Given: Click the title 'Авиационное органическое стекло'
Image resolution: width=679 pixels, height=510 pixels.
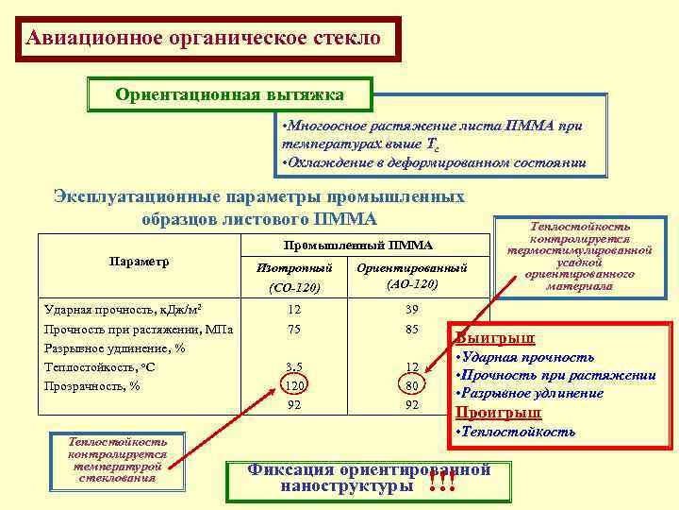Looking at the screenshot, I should click(x=204, y=39).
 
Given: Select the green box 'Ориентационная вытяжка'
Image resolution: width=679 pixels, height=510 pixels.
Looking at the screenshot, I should click(x=229, y=94).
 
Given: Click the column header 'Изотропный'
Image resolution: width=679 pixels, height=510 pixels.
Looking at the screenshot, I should click(x=294, y=268).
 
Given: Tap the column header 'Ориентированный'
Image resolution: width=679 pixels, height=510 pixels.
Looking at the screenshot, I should click(x=412, y=268).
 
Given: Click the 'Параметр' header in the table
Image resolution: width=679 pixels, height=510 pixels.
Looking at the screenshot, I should click(x=138, y=261).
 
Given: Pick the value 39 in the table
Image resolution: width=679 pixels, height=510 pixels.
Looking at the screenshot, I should click(x=412, y=311).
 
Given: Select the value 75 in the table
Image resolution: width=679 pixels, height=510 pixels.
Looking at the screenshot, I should click(x=294, y=330).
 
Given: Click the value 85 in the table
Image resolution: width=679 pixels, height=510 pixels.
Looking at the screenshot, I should click(x=412, y=330).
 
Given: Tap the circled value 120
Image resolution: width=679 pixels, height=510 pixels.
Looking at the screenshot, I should click(x=294, y=385).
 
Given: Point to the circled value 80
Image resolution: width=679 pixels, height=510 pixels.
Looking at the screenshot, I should click(x=412, y=385).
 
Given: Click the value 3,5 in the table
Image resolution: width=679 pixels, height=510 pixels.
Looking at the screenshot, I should click(x=294, y=366).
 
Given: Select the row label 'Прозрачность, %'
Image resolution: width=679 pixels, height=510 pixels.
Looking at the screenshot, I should click(x=92, y=385).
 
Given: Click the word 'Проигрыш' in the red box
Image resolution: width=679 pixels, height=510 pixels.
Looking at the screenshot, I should click(x=499, y=412).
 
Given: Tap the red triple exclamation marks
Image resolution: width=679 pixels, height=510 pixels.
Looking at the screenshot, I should click(x=440, y=483).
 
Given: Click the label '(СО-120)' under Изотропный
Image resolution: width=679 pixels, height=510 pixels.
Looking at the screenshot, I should click(x=294, y=286).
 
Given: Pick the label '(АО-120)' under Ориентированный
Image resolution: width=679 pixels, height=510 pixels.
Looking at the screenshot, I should click(x=412, y=284).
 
